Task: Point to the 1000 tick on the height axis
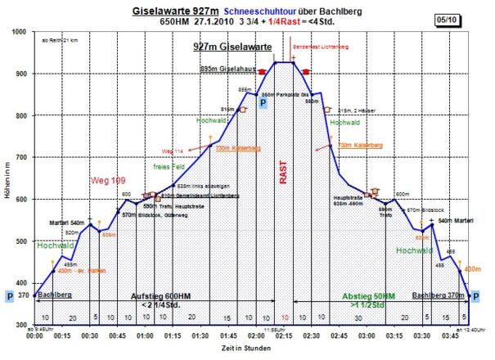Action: tap(22, 32)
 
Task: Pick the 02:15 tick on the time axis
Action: tap(284, 335)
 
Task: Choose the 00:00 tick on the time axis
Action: tap(34, 335)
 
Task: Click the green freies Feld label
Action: tap(166, 166)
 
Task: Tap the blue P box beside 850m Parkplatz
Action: tap(263, 103)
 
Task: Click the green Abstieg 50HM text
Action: tap(369, 295)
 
